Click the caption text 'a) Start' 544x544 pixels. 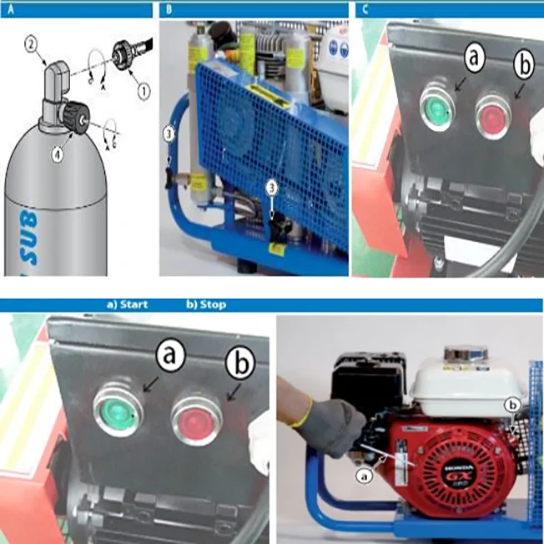tap(127, 305)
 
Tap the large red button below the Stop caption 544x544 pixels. tap(196, 416)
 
